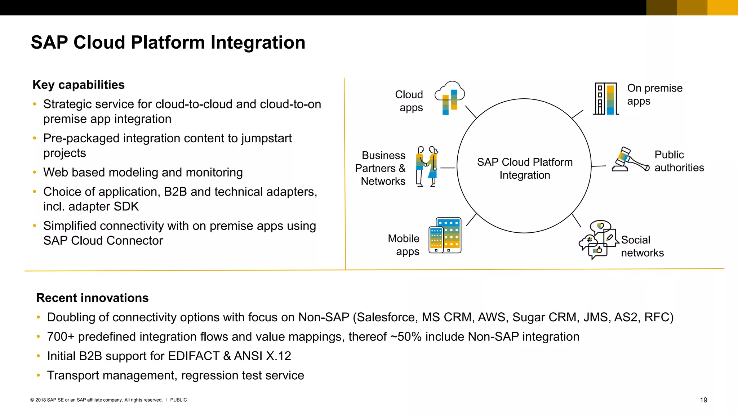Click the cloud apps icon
[450, 98]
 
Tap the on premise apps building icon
[606, 99]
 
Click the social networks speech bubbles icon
[598, 240]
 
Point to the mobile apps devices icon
[445, 236]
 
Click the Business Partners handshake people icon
[427, 166]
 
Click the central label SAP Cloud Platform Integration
[524, 168]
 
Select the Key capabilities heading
[79, 85]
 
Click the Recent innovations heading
[92, 298]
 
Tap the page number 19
[703, 400]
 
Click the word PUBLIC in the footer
[178, 400]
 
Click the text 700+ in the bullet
[61, 337]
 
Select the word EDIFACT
[194, 356]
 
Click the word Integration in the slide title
[258, 43]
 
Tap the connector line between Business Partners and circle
[448, 168]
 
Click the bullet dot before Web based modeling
[35, 173]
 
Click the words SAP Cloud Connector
[103, 241]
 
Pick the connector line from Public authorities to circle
[599, 166]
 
